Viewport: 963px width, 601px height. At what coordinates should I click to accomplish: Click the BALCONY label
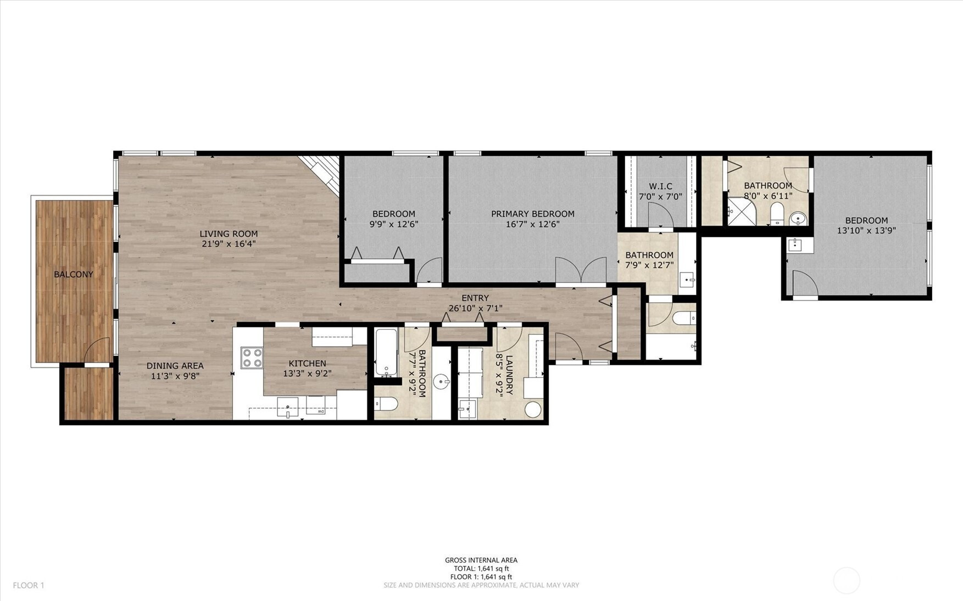tap(74, 275)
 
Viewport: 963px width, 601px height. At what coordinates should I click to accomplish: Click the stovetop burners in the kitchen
tap(252, 358)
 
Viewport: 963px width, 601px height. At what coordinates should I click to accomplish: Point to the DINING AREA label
tap(175, 366)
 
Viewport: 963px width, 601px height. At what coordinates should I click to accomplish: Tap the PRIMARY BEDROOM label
tap(533, 214)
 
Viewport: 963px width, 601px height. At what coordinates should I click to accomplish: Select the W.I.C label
tap(660, 186)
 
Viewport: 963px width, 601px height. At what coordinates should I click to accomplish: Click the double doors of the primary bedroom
tap(581, 270)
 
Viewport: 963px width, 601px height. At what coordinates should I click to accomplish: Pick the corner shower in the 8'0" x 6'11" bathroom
tap(741, 212)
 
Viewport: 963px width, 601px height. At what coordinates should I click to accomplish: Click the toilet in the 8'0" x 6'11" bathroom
tap(777, 214)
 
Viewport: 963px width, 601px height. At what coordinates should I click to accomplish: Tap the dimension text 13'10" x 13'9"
tap(866, 231)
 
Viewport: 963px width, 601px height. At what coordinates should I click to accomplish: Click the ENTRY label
tap(475, 298)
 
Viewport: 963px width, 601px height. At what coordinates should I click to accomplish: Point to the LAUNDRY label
tap(509, 375)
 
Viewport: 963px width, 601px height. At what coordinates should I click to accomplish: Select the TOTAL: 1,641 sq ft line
tap(481, 569)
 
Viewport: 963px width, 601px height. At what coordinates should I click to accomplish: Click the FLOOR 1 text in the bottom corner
tap(29, 586)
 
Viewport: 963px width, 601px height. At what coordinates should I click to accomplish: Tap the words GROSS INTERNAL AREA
tap(481, 560)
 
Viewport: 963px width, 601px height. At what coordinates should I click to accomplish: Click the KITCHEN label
tap(308, 364)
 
